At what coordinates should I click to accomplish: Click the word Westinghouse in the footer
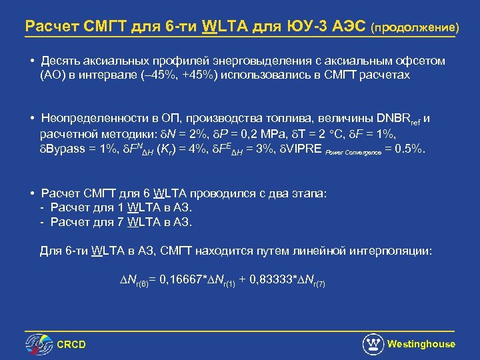pyautogui.click(x=421, y=344)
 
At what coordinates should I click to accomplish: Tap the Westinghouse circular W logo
pyautogui.click(x=373, y=344)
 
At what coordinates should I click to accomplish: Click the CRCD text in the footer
pyautogui.click(x=71, y=345)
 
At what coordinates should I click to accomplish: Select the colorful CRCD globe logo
pyautogui.click(x=39, y=344)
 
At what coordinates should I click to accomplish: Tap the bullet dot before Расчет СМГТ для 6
pyautogui.click(x=32, y=194)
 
